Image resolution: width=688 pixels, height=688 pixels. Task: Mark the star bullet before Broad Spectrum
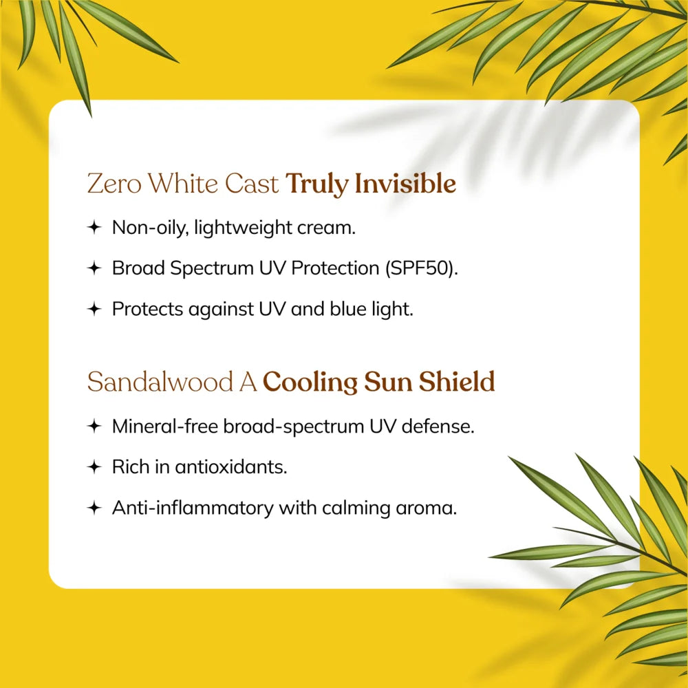point(94,269)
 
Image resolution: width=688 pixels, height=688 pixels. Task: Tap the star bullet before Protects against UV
point(94,310)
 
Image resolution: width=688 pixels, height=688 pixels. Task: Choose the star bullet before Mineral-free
point(94,427)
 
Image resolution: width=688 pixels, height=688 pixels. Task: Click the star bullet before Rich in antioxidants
point(94,468)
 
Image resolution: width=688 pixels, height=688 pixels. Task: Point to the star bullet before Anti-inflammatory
point(94,508)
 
